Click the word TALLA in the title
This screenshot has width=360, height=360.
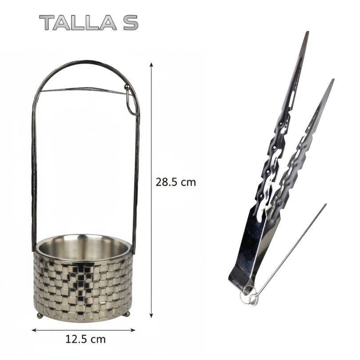(78, 23)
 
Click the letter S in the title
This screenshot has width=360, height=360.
(131, 23)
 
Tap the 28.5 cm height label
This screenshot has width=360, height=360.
(176, 182)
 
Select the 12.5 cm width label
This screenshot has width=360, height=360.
(85, 340)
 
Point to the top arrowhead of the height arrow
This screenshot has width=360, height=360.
(151, 64)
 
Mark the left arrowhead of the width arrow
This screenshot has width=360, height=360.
(34, 330)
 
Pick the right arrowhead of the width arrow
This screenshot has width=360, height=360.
(133, 330)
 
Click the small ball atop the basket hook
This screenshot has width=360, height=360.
(127, 87)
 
